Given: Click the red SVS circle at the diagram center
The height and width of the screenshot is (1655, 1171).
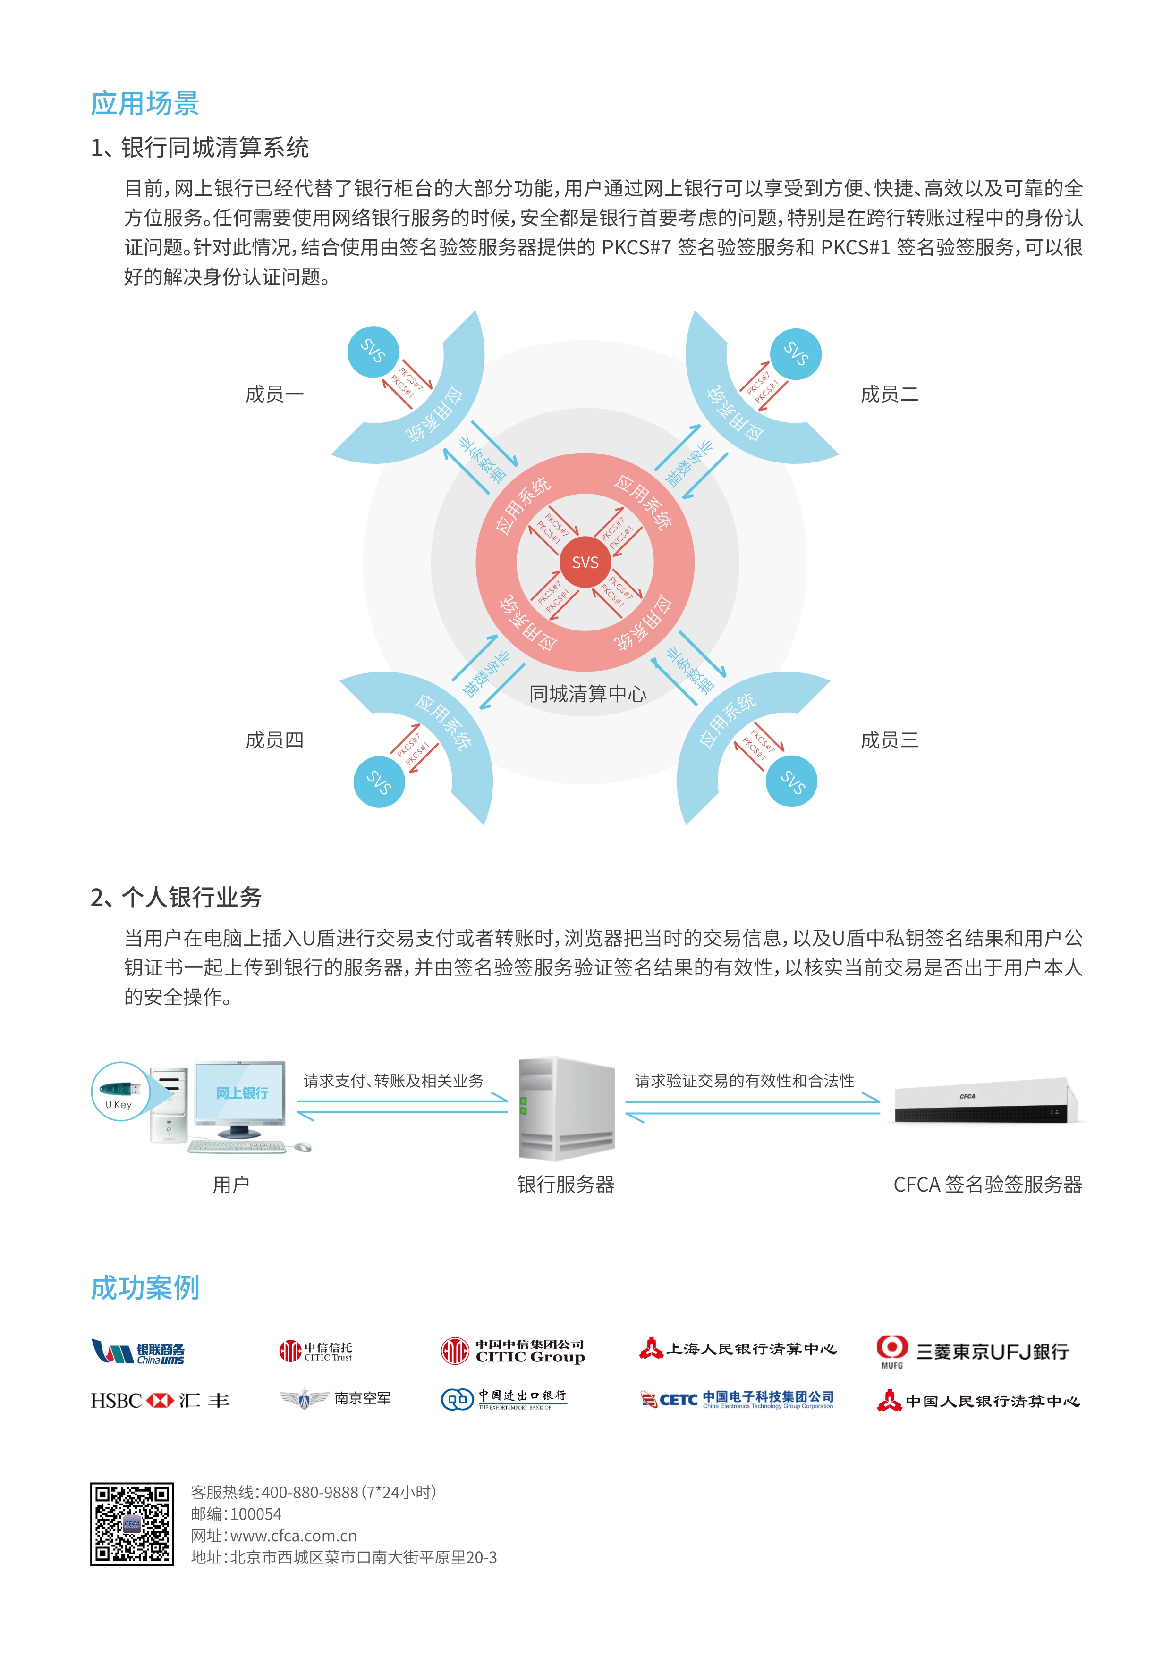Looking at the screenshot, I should click(x=585, y=562).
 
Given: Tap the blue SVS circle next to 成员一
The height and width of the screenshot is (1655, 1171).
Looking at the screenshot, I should click(x=373, y=351).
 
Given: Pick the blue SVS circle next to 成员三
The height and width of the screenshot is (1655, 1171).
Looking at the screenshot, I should click(x=791, y=781).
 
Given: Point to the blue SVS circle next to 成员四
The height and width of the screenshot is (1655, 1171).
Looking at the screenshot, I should click(x=379, y=782).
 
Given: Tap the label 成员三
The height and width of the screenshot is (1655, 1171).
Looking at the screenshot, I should click(x=889, y=740).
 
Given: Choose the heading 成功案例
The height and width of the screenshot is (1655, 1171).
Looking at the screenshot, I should click(x=145, y=1288).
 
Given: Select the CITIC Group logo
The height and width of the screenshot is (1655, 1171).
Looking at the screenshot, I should click(x=513, y=1351).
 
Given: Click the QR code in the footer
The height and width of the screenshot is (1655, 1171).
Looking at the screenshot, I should click(x=132, y=1524).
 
